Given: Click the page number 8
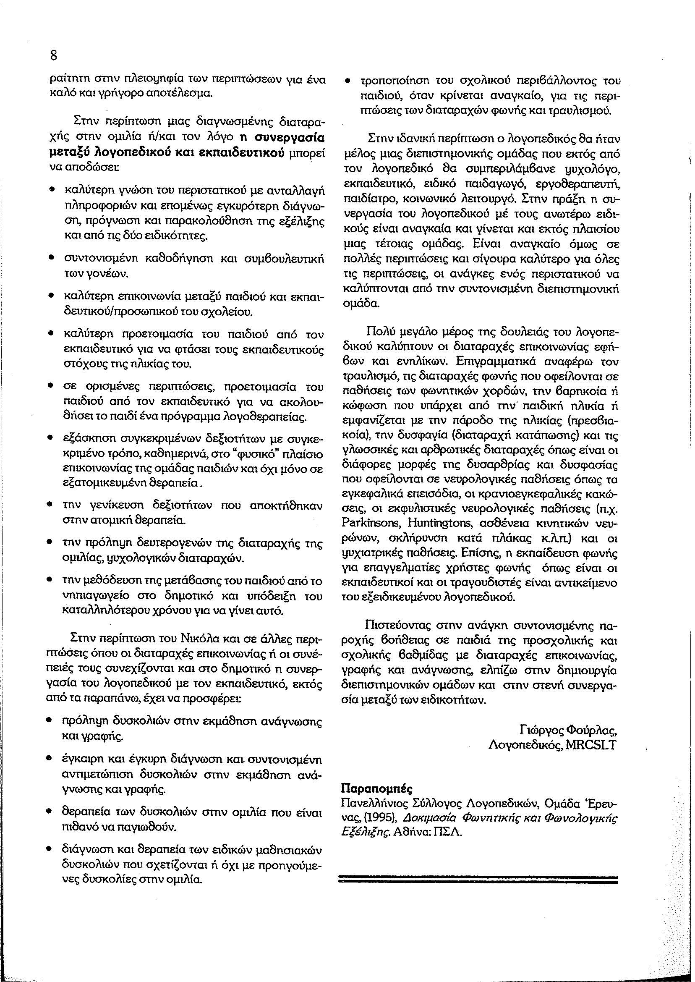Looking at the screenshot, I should click(53, 56).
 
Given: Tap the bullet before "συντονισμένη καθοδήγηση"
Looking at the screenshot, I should click(51, 259).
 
